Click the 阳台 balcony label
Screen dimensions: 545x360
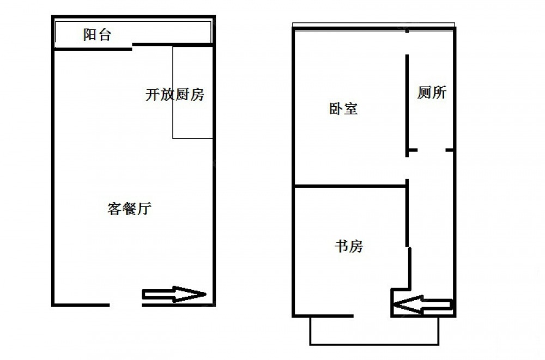pyautogui.click(x=97, y=34)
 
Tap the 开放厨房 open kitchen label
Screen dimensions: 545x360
pyautogui.click(x=175, y=95)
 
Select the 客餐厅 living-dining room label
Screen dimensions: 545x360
pyautogui.click(x=129, y=209)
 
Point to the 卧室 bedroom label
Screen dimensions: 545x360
pyautogui.click(x=343, y=109)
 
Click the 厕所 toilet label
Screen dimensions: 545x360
pyautogui.click(x=432, y=93)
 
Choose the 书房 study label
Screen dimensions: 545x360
pyautogui.click(x=349, y=246)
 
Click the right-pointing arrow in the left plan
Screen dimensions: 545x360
pyautogui.click(x=174, y=294)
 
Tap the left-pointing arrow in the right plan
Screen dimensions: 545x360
pyautogui.click(x=423, y=305)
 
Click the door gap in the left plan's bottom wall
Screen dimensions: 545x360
pyautogui.click(x=126, y=305)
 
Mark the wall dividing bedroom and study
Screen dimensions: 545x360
pyautogui.click(x=350, y=186)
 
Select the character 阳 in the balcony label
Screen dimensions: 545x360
pyautogui.click(x=90, y=34)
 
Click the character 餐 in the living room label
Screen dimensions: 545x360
pyautogui.click(x=129, y=209)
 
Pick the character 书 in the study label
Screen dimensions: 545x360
pyautogui.click(x=341, y=246)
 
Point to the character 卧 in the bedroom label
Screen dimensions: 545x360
pyautogui.click(x=336, y=109)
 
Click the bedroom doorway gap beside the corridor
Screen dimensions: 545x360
pyautogui.click(x=407, y=168)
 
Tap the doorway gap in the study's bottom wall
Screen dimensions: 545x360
pyautogui.click(x=372, y=316)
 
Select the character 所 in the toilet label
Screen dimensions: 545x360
pyautogui.click(x=439, y=93)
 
